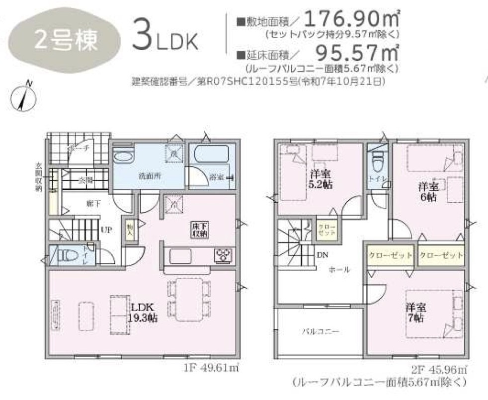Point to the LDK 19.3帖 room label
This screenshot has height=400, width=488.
(x=144, y=313)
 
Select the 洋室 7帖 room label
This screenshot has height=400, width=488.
(x=414, y=313)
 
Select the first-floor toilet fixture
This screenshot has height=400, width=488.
(x=67, y=256)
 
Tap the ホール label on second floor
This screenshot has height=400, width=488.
(x=339, y=270)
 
